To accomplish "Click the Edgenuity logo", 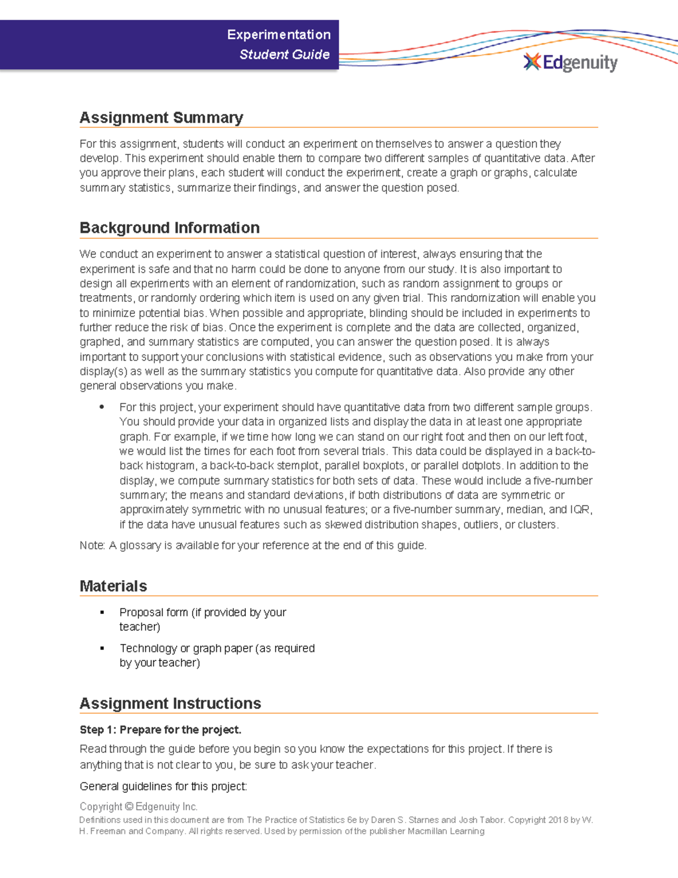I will [571, 62].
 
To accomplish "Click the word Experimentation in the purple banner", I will [279, 34].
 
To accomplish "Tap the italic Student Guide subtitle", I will [284, 54].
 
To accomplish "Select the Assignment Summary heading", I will [161, 118].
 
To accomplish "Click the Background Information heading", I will [169, 228].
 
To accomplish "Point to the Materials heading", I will [113, 586].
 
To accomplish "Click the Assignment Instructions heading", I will [170, 703].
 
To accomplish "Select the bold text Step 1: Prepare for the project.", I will [160, 730].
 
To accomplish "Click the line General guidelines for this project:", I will [163, 786].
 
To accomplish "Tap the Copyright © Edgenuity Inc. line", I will [138, 807].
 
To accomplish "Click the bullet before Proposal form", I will [102, 612].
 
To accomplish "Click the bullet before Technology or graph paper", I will [102, 648].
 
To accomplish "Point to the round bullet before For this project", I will [102, 407].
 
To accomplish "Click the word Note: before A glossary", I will [92, 546].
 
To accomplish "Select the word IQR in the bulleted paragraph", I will [580, 509].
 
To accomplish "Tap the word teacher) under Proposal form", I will [140, 627].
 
